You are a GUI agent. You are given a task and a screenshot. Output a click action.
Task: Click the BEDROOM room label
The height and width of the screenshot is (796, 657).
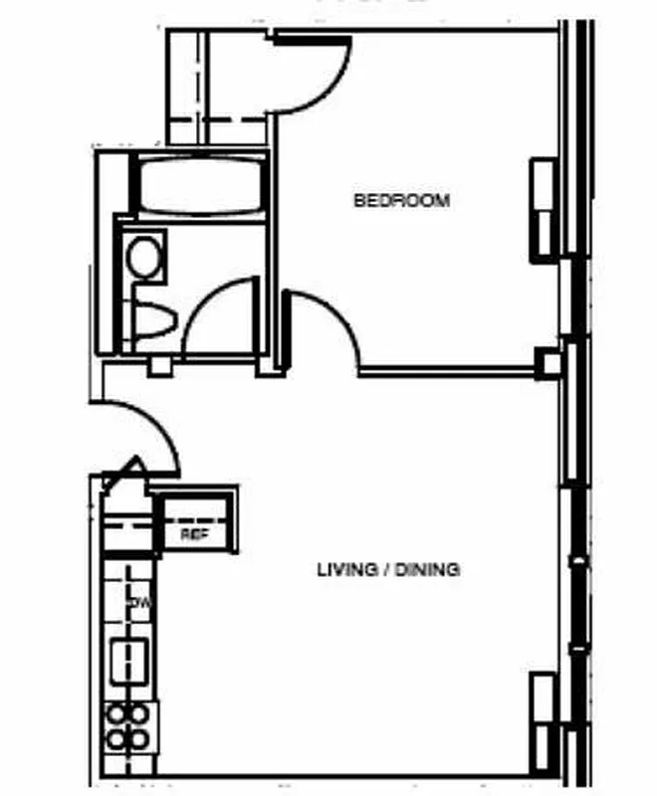pos(402,200)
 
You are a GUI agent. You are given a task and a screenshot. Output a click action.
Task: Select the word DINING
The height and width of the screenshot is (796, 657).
pos(427,570)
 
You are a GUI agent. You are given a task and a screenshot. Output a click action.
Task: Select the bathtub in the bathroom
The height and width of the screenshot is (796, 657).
pos(202,185)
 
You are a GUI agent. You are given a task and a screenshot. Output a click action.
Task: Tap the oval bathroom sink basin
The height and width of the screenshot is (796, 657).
pos(144,257)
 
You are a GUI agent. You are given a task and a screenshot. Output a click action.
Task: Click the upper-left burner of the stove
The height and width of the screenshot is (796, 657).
pos(117,713)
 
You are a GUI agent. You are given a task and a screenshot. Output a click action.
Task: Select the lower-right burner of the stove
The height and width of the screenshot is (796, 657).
pos(140,738)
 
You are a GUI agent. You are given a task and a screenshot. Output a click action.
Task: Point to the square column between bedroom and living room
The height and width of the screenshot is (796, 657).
pos(548,363)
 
